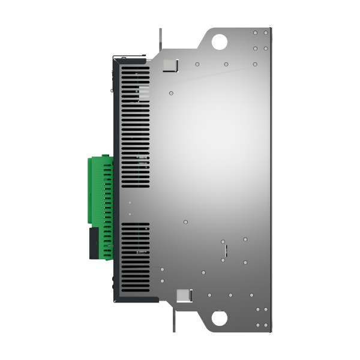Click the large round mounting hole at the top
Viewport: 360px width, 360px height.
click(220, 41)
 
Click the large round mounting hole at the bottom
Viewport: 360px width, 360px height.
click(220, 317)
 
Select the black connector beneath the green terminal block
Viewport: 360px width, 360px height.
click(94, 243)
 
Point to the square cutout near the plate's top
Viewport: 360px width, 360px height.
click(171, 65)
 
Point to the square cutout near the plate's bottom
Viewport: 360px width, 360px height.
click(182, 295)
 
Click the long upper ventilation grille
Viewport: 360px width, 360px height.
click(135, 126)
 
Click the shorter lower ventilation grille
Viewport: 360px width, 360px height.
click(135, 255)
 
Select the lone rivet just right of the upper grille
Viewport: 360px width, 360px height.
click(171, 93)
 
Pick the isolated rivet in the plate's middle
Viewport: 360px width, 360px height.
click(186, 221)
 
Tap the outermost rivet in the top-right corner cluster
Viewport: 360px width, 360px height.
click(266, 32)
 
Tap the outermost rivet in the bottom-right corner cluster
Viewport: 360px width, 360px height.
click(266, 325)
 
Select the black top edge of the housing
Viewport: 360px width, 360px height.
click(129, 58)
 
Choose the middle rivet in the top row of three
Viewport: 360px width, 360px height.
click(226, 64)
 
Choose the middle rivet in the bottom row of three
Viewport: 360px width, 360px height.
click(230, 295)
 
